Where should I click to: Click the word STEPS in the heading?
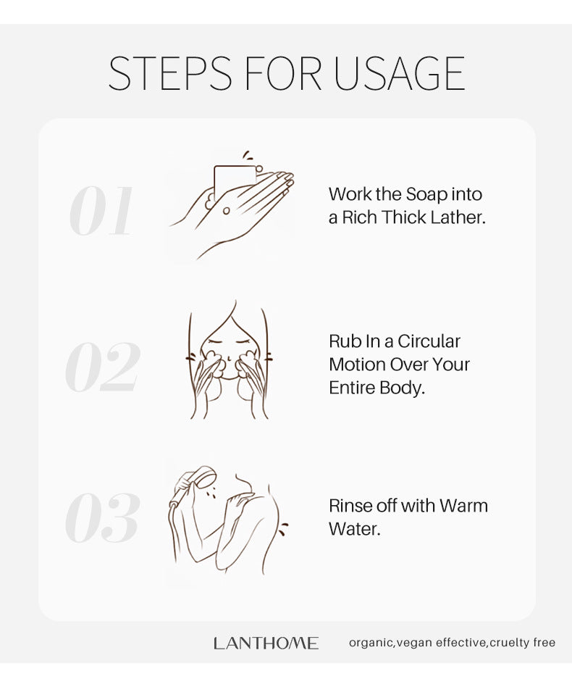169,73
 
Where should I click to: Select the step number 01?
101,211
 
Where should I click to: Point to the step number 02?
103,367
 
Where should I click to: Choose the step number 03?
103,517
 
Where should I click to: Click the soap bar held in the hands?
235,182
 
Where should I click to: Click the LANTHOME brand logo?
266,643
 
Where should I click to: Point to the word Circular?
429,341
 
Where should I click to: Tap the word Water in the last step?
354,529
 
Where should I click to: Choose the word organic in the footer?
371,643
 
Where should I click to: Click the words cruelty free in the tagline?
522,642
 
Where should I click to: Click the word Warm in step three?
463,505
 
